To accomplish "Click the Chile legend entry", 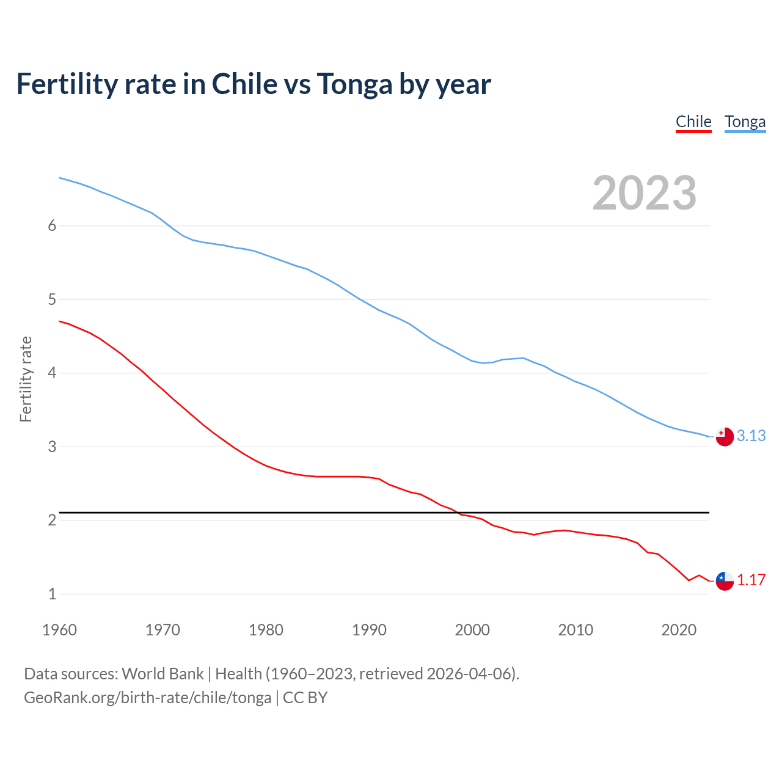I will pyautogui.click(x=693, y=122).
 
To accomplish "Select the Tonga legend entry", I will pyautogui.click(x=745, y=122).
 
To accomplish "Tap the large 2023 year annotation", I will pyautogui.click(x=644, y=193).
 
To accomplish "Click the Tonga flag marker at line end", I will pyautogui.click(x=725, y=436).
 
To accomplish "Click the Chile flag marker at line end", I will pyautogui.click(x=725, y=580).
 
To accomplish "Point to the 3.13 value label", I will pyautogui.click(x=751, y=436).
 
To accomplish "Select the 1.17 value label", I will pyautogui.click(x=751, y=580).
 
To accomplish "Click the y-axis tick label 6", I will pyautogui.click(x=52, y=225).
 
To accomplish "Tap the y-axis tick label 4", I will pyautogui.click(x=52, y=373).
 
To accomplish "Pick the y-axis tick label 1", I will pyautogui.click(x=52, y=594).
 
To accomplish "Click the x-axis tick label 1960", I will pyautogui.click(x=59, y=630).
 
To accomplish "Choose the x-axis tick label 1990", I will pyautogui.click(x=369, y=630).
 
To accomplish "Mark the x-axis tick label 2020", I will pyautogui.click(x=679, y=630).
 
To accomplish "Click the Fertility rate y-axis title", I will pyautogui.click(x=26, y=379).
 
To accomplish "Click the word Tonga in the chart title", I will pyautogui.click(x=354, y=84).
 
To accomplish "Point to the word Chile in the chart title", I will pyautogui.click(x=244, y=84).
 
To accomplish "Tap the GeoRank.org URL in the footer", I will pyautogui.click(x=147, y=698).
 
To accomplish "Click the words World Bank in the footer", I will pyautogui.click(x=163, y=674).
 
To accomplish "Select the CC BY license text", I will pyautogui.click(x=305, y=698).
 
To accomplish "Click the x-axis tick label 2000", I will pyautogui.click(x=472, y=630).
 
